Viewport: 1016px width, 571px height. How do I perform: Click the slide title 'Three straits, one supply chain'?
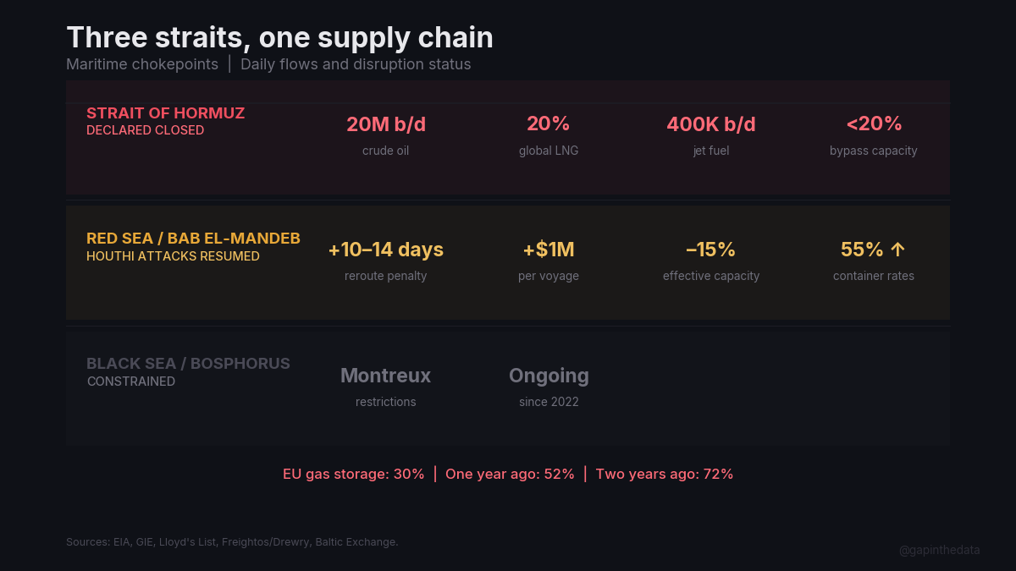[279, 37]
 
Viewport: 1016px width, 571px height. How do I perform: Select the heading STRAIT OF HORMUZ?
[165, 113]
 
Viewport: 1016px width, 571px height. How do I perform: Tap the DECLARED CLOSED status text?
[145, 130]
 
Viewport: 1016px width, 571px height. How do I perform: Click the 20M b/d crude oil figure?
[385, 124]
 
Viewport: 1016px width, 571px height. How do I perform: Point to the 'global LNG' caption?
[548, 151]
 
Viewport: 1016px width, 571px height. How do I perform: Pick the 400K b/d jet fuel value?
[710, 124]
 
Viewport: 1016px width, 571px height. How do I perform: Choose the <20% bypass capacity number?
[873, 124]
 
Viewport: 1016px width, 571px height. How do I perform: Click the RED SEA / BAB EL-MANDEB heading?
[193, 239]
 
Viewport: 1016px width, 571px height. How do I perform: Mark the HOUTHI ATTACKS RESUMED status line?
[173, 255]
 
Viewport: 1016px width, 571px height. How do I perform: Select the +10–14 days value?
[385, 250]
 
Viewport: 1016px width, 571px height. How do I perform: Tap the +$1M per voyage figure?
[548, 250]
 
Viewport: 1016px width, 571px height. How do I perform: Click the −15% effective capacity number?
[710, 250]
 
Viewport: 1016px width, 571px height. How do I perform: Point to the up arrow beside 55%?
[897, 250]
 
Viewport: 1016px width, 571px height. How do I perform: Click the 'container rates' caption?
[873, 276]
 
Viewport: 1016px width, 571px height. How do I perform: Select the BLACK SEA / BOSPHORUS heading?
[188, 364]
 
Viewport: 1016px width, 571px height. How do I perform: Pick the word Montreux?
[385, 375]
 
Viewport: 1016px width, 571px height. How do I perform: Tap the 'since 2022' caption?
[549, 402]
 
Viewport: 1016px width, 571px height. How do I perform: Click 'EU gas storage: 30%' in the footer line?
[353, 474]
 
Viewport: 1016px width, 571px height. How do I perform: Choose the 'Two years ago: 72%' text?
[664, 474]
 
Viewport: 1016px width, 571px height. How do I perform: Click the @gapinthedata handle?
[939, 550]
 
